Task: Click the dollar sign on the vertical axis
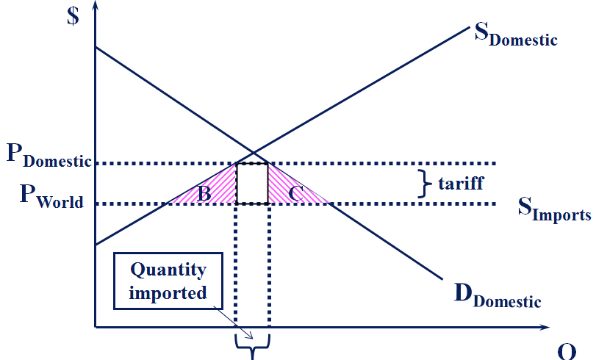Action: [72, 16]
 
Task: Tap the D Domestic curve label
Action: [497, 295]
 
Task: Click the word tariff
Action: [461, 182]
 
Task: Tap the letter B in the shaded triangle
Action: [204, 194]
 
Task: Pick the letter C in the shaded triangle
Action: [296, 194]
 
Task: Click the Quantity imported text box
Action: [168, 281]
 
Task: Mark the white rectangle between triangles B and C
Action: [251, 183]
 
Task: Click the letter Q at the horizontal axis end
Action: [566, 352]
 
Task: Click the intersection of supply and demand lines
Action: [253, 152]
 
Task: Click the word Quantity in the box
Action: [168, 270]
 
